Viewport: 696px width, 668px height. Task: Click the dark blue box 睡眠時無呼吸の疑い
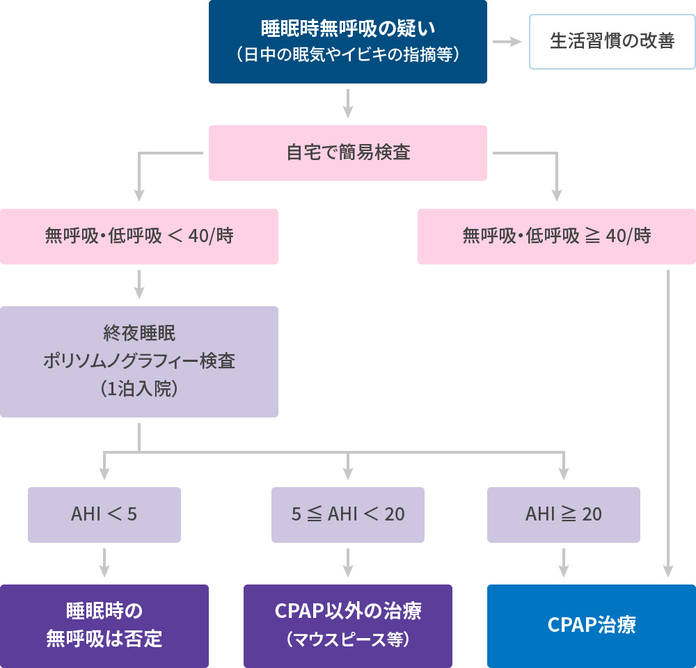point(348,42)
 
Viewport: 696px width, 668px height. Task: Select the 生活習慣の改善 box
point(612,42)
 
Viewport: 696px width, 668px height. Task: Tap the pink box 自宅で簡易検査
point(348,153)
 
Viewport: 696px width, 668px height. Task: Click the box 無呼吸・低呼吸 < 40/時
point(139,237)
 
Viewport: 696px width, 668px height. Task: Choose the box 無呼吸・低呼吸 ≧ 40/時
point(557,237)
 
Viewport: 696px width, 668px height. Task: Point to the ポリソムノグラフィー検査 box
point(139,362)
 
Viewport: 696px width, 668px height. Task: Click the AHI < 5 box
point(104,515)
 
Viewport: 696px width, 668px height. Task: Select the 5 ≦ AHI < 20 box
point(348,515)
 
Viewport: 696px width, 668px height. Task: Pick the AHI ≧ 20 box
point(564,515)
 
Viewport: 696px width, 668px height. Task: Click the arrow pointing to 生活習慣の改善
point(507,42)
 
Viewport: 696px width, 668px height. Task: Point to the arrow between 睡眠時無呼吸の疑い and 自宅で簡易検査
point(348,104)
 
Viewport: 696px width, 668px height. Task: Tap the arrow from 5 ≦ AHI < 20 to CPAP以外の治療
point(348,563)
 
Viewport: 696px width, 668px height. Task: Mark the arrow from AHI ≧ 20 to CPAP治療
point(564,563)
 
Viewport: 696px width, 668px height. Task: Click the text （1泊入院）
point(139,390)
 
